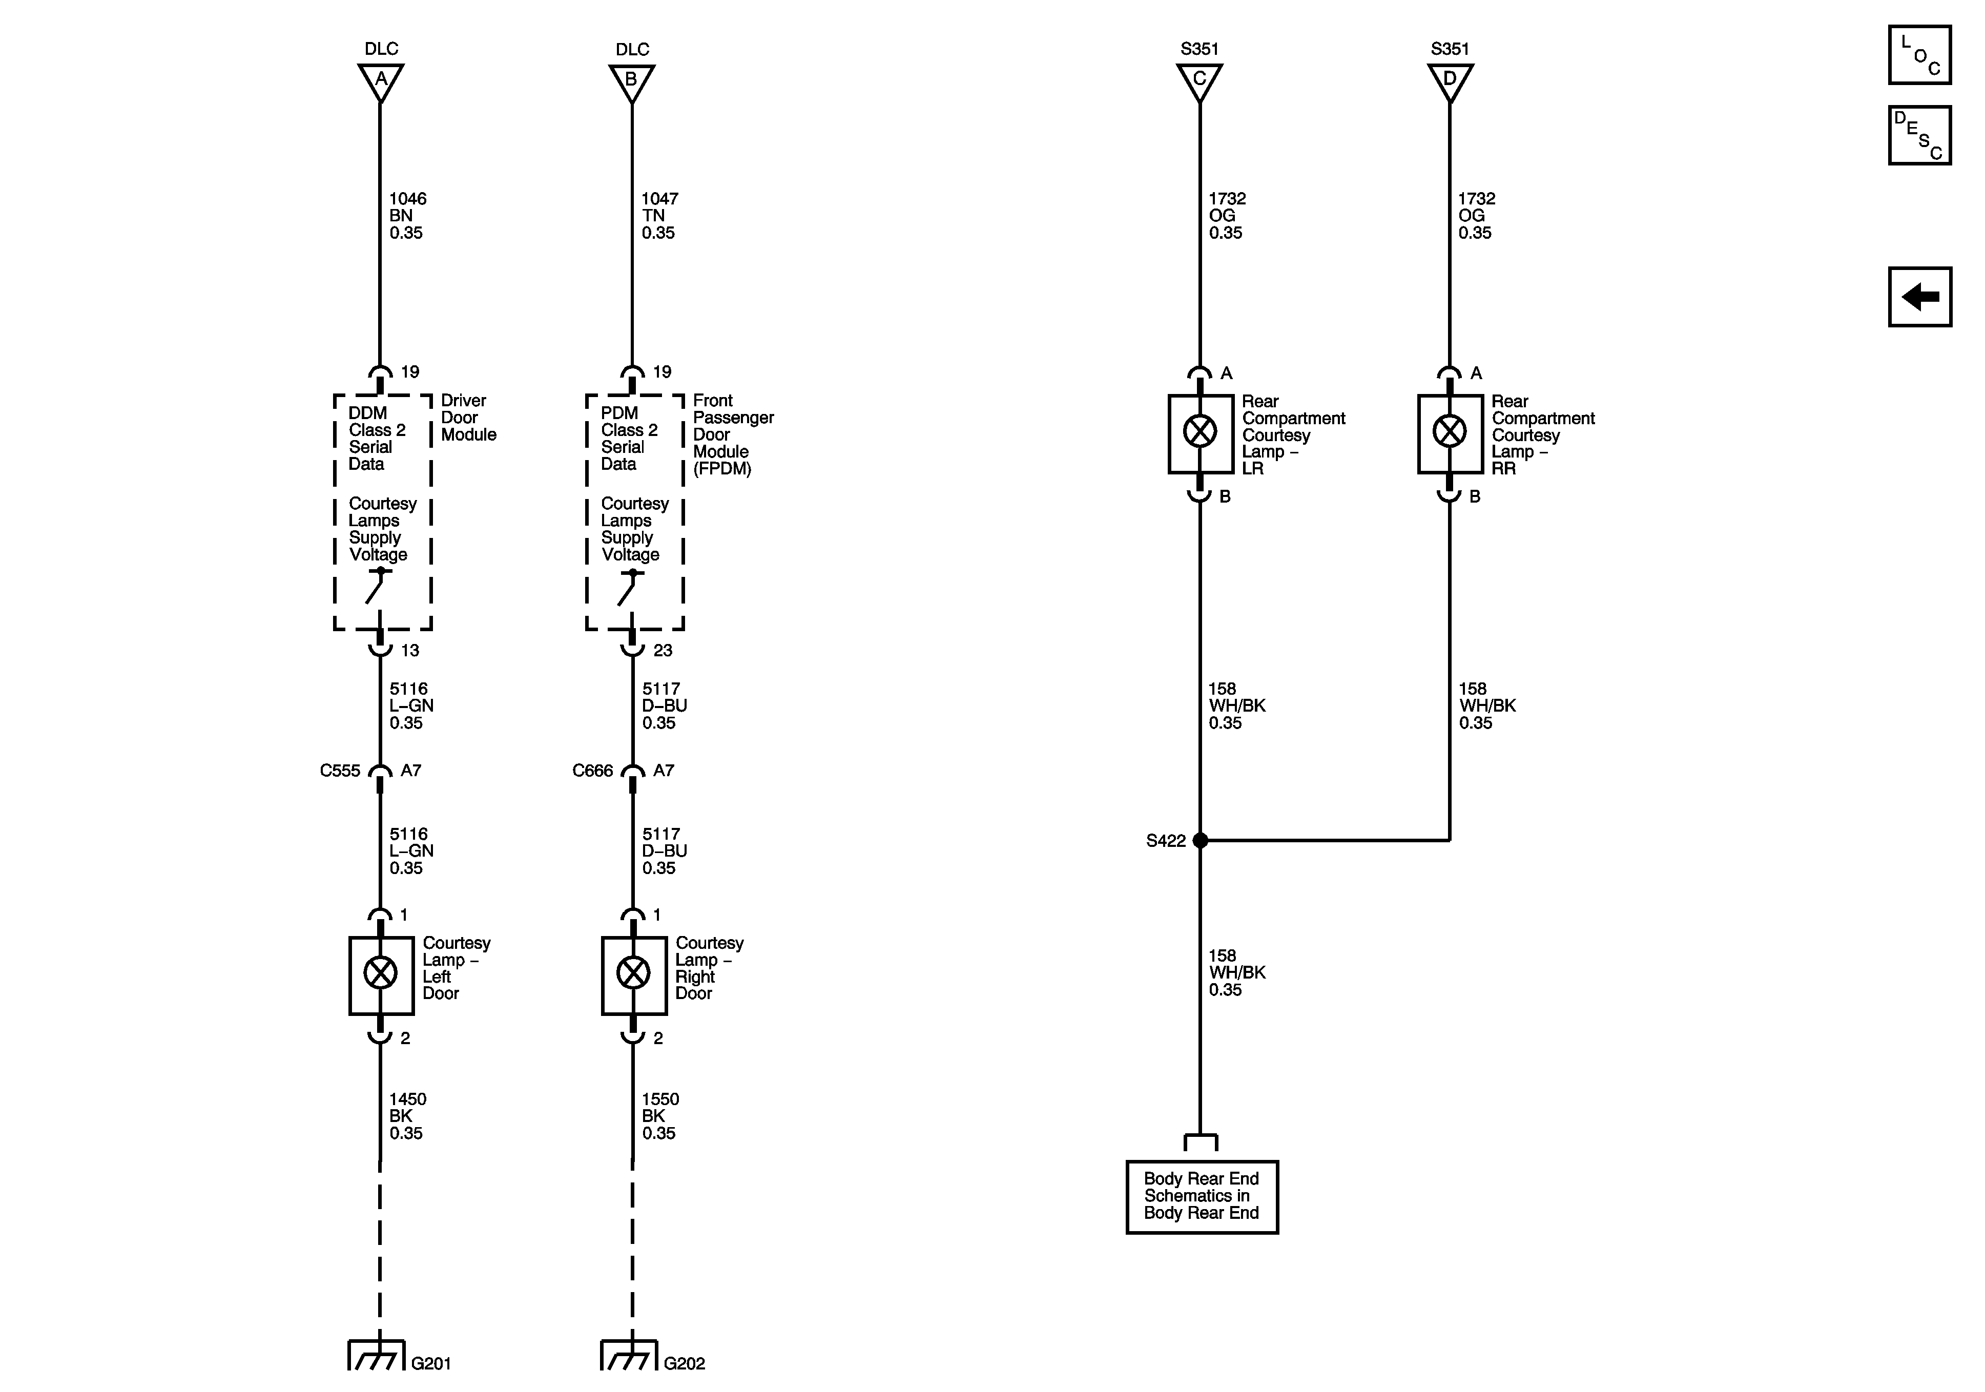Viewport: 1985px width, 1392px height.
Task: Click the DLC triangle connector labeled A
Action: click(380, 81)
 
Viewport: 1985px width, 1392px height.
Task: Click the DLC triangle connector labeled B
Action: click(632, 81)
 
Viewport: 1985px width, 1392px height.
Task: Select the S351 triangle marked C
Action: click(1199, 81)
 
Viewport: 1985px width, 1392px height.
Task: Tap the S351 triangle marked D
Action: click(1450, 81)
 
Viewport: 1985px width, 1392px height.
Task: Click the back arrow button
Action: click(1919, 297)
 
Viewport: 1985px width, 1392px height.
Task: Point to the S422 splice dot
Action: click(1200, 840)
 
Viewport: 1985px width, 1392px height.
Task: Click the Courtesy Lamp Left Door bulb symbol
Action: click(380, 973)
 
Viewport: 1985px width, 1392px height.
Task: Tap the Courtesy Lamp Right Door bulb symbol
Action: click(633, 973)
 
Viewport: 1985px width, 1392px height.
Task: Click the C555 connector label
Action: click(340, 771)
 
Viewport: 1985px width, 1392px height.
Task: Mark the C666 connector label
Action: click(592, 771)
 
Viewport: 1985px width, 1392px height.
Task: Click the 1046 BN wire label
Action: click(407, 215)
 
